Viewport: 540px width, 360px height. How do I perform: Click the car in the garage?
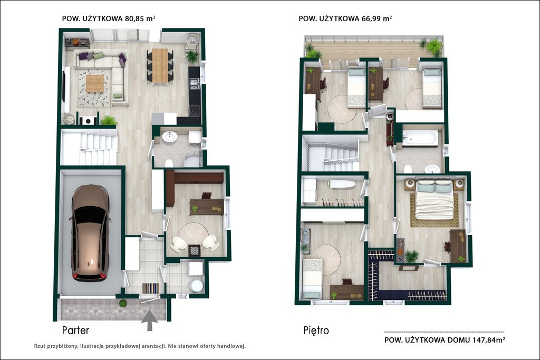coord(90,233)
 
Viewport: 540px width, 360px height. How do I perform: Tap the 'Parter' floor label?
coord(75,330)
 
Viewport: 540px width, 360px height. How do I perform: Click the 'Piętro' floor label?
coord(316,330)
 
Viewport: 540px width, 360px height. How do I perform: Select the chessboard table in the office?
coord(194,250)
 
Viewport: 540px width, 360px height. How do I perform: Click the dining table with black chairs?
coord(160,66)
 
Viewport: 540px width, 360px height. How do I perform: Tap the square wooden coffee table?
coord(95,83)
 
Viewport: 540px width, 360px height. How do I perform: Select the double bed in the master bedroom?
coord(435,199)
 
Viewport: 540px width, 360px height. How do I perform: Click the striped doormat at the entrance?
coord(151,288)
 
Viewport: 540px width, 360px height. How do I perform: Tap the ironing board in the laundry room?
coord(342,184)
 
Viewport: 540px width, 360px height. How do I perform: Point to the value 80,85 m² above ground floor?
coord(140,18)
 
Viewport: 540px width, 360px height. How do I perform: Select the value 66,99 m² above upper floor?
coord(377,18)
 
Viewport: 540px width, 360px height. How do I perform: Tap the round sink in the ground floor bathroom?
coord(169,137)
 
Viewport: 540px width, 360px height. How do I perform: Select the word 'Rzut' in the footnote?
coord(39,346)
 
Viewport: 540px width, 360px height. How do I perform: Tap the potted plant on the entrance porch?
coord(122,303)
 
